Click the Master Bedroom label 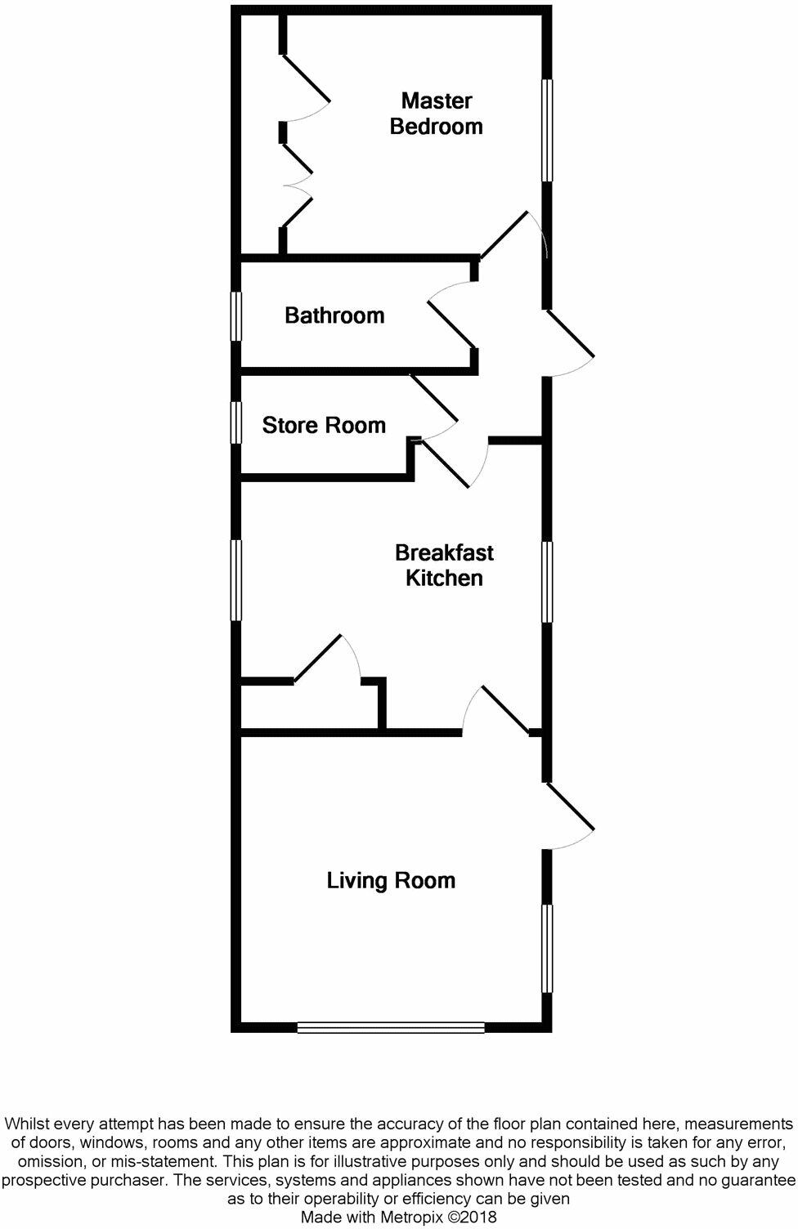(x=436, y=114)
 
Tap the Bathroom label (x=334, y=315)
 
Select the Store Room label (x=324, y=425)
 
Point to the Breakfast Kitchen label (x=444, y=565)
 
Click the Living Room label (x=391, y=880)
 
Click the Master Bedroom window (x=547, y=130)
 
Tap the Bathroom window (x=236, y=315)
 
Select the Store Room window (x=236, y=422)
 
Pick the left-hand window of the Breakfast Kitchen (x=236, y=579)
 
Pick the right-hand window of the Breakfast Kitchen (x=547, y=581)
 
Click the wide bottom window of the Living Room (x=391, y=1027)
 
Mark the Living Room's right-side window (x=547, y=948)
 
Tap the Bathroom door (x=451, y=324)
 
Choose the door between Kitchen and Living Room (x=505, y=708)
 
